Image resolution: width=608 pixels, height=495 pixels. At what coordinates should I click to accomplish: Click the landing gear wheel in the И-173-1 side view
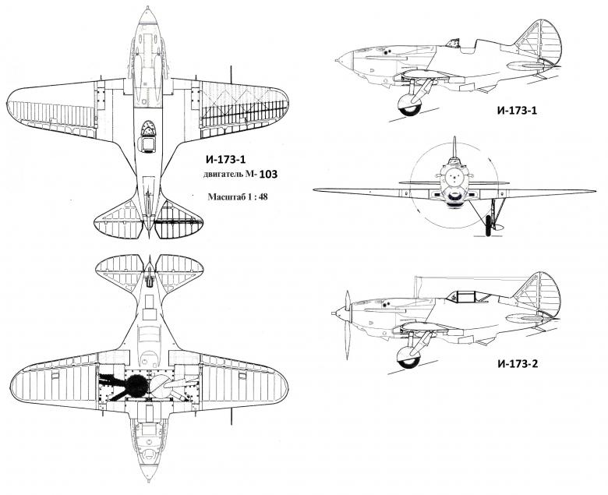(407, 106)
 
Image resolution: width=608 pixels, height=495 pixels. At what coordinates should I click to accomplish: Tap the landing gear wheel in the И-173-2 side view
(408, 358)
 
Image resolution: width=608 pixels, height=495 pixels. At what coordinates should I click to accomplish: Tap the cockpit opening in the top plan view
(147, 143)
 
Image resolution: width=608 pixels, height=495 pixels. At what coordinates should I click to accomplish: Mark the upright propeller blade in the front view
(454, 153)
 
